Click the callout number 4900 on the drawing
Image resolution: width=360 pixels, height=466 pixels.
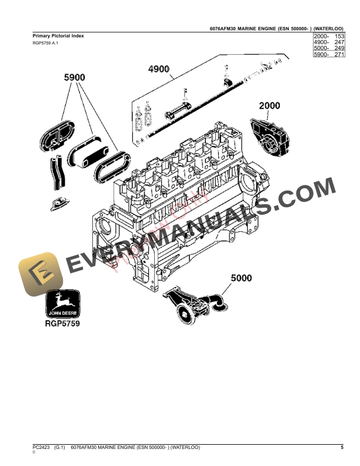(x=159, y=69)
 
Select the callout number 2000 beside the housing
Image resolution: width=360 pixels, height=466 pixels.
(x=270, y=106)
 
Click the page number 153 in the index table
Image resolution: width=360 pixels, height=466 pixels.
(x=339, y=36)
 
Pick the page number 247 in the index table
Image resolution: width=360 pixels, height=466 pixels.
(x=339, y=42)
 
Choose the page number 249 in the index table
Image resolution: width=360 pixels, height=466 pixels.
(x=339, y=48)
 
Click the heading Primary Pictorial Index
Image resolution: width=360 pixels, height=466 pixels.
(x=58, y=36)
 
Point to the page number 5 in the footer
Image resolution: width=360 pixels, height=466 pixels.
(x=342, y=448)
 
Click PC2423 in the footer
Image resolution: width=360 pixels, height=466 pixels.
(x=41, y=448)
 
